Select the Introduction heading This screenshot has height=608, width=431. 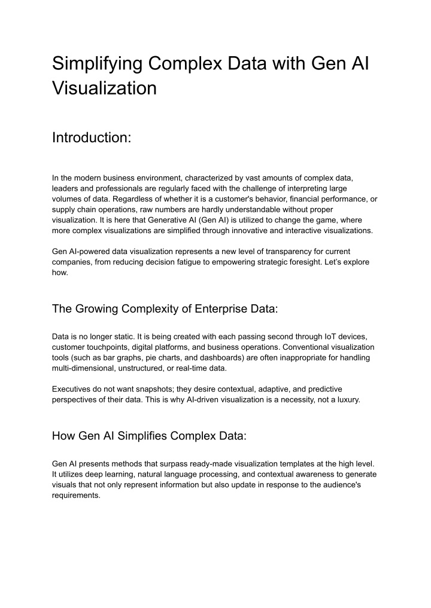click(91, 138)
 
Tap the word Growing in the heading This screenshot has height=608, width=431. click(96, 308)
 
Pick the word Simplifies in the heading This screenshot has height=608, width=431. click(141, 435)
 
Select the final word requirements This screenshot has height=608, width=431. click(77, 495)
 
